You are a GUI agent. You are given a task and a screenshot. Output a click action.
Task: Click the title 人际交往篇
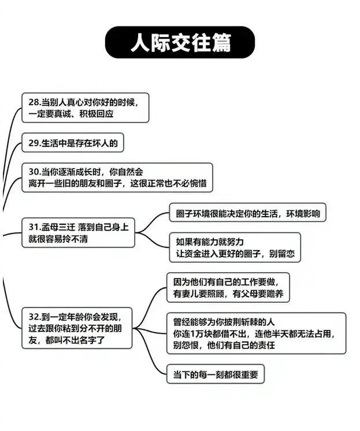[180, 43]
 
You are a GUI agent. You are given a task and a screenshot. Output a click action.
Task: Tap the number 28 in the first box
[33, 102]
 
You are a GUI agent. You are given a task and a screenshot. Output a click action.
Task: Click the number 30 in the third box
[33, 172]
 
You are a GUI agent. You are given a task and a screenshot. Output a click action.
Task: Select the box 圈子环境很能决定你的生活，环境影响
[247, 213]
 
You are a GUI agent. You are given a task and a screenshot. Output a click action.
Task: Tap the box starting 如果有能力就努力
[235, 247]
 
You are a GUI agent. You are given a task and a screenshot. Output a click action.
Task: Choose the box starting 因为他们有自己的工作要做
[228, 287]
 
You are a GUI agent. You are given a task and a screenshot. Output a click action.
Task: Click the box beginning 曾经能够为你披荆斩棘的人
[255, 333]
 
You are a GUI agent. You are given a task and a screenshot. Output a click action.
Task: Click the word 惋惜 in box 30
[198, 184]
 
